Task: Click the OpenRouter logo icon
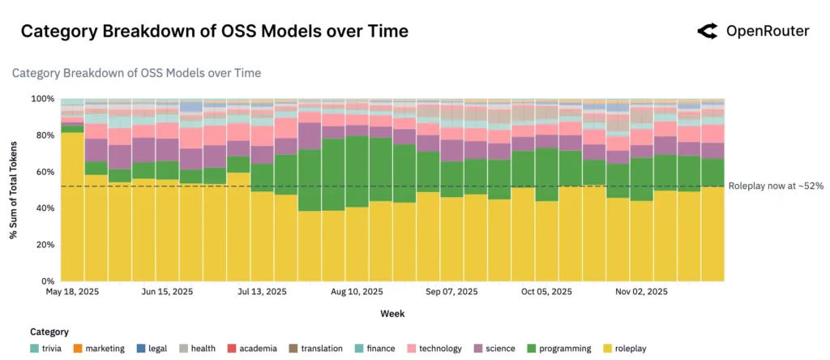point(708,32)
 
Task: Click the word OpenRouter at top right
point(767,32)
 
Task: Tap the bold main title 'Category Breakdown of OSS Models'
point(214,32)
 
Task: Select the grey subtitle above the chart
point(136,73)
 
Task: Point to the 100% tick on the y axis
point(42,99)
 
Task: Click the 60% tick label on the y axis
point(45,172)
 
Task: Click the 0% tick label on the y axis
point(48,281)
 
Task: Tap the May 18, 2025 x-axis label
point(72,292)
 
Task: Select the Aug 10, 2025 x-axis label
point(357,292)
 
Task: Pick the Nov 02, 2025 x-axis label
point(641,292)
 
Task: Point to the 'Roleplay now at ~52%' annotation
point(776,186)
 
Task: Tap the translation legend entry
point(314,349)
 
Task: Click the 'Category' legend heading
point(49,332)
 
